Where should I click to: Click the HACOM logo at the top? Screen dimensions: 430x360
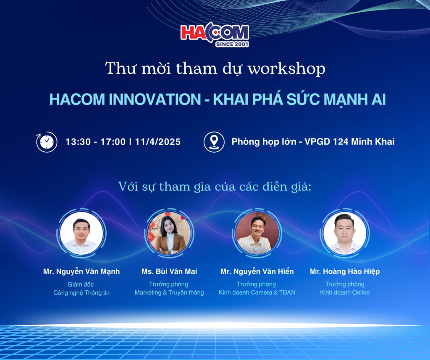[x=215, y=34]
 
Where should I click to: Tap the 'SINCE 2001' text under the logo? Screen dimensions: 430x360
[x=232, y=44]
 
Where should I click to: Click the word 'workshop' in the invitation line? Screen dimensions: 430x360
[x=286, y=68]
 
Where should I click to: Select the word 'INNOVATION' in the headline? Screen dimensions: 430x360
[x=155, y=99]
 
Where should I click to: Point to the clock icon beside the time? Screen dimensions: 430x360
[x=47, y=142]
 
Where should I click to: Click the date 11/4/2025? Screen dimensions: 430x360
[x=158, y=142]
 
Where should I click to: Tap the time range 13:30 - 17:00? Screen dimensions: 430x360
[x=95, y=142]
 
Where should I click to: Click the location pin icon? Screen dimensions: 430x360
[x=214, y=142]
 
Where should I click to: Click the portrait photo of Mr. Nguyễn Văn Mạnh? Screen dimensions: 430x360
[x=81, y=233]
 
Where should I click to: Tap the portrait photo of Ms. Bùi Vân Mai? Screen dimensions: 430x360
[x=169, y=233]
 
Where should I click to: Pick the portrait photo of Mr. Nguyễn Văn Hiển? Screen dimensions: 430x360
[x=257, y=233]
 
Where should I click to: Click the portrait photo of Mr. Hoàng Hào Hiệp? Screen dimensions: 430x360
[x=345, y=233]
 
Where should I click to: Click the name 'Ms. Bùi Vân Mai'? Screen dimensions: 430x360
[x=169, y=271]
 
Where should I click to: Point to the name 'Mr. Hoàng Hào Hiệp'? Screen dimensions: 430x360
[x=345, y=271]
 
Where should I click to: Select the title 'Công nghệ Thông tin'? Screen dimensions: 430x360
[x=81, y=293]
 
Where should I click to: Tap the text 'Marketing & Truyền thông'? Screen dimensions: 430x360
[x=169, y=292]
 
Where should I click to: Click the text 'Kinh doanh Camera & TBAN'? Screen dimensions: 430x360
[x=257, y=292]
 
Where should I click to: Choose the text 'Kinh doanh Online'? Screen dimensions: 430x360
[x=345, y=292]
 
